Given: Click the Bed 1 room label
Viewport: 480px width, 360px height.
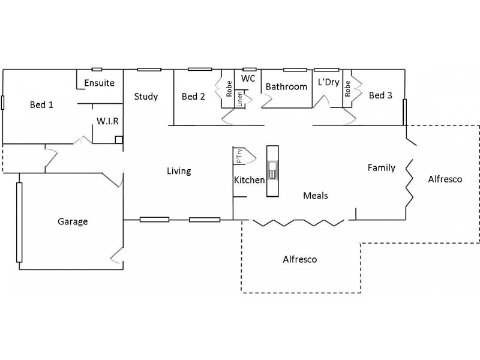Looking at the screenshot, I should click(42, 105).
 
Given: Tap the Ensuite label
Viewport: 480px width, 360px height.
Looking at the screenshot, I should click(99, 83).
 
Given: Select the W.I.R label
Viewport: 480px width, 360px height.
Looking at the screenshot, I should click(108, 121).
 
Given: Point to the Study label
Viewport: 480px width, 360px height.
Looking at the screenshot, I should click(146, 97).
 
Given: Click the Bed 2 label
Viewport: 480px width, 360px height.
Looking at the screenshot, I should click(194, 97).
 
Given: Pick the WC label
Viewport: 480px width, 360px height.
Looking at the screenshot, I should click(249, 79).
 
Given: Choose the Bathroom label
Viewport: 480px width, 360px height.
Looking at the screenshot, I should click(286, 87).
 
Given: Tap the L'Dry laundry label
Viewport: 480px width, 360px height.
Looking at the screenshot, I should click(328, 82).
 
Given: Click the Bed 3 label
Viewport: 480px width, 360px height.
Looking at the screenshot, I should click(381, 95).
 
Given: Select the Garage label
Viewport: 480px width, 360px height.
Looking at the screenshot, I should click(73, 221).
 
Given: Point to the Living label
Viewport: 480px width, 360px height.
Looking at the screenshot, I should click(179, 172).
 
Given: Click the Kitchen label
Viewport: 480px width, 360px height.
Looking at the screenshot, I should click(250, 180).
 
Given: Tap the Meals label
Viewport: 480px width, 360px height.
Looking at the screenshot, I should click(316, 196).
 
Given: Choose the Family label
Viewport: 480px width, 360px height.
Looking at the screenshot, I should click(382, 168).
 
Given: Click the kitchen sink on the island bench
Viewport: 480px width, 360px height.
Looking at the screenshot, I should click(272, 171).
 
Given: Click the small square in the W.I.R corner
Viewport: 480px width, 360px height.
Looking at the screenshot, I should click(119, 140).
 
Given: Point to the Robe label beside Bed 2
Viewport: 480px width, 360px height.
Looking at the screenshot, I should click(229, 89).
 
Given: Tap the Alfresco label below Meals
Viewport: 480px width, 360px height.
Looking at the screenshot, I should click(299, 260).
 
